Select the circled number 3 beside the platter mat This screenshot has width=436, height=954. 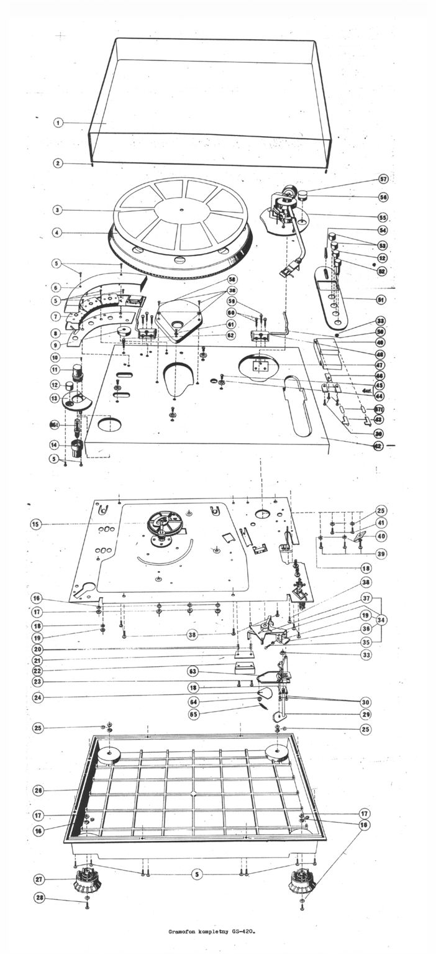tap(57, 211)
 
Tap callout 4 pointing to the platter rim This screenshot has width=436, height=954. tap(57, 233)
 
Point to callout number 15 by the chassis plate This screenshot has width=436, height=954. tap(37, 524)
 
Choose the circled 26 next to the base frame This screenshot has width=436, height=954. tap(38, 790)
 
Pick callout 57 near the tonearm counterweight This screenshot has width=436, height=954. tap(383, 180)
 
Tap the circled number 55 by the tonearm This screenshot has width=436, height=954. tap(383, 218)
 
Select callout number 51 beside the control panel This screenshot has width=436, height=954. tap(382, 298)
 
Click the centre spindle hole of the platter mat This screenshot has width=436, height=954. tap(180, 211)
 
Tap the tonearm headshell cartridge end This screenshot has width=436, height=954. tap(287, 272)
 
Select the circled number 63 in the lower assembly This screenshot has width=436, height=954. tap(193, 671)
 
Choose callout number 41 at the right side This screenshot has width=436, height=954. tap(380, 523)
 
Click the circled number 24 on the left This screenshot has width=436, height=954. tap(38, 697)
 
